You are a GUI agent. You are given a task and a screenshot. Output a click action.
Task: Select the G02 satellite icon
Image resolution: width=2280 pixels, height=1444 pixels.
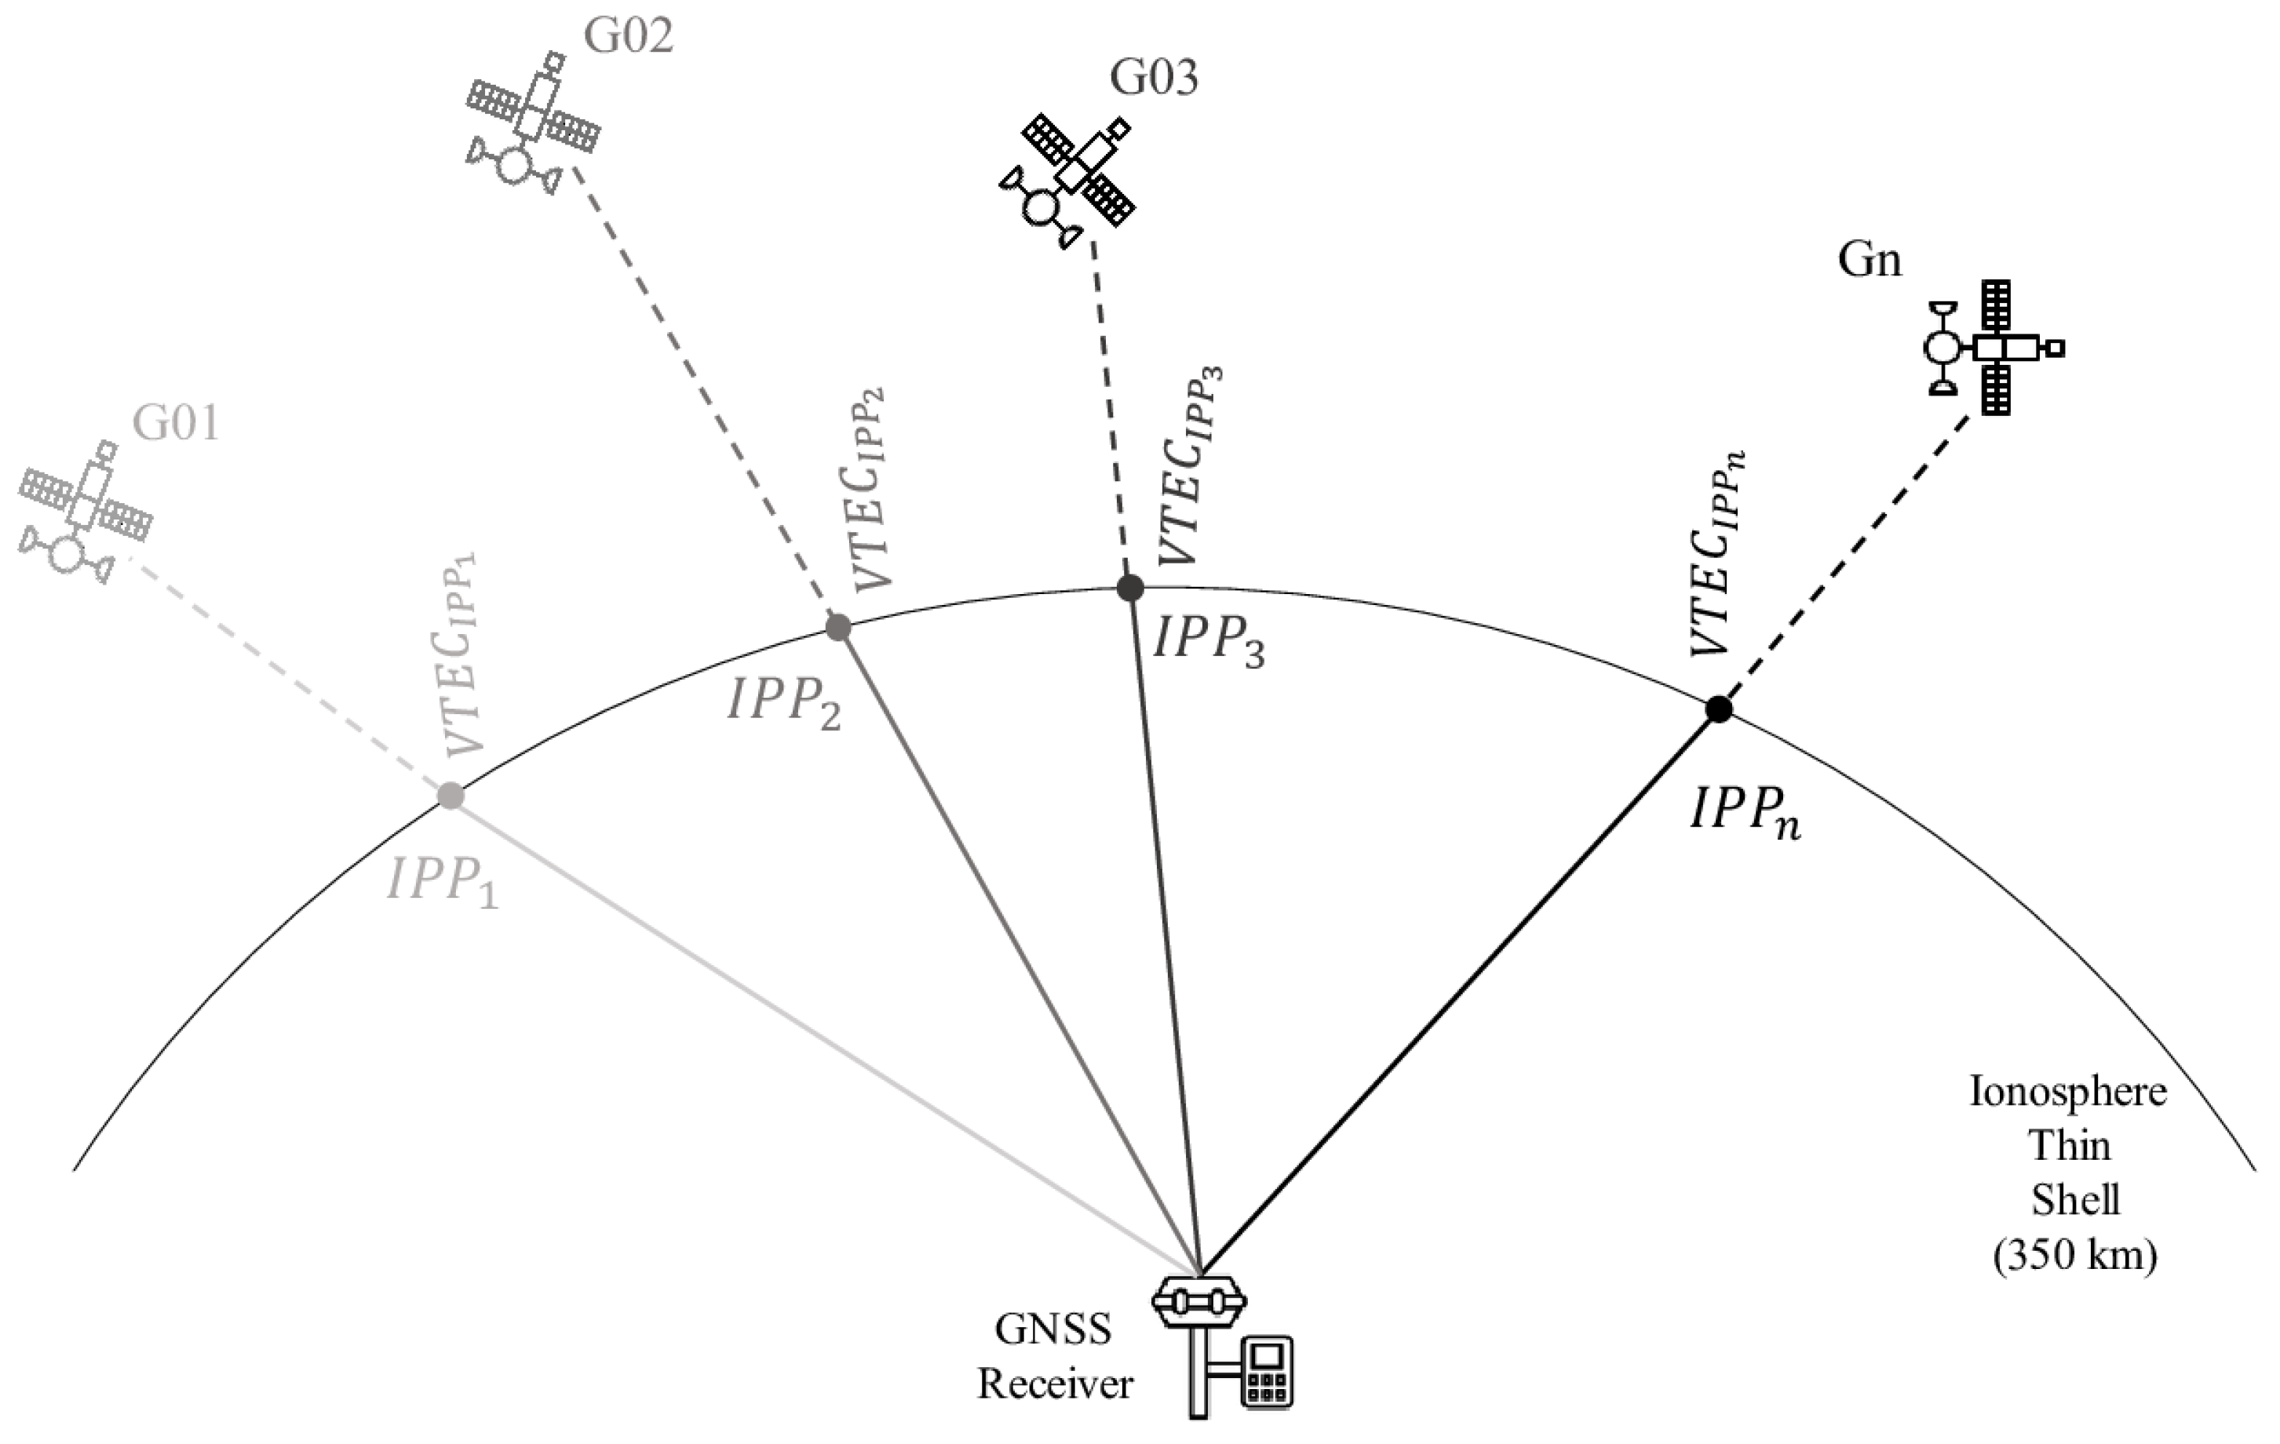[x=533, y=123]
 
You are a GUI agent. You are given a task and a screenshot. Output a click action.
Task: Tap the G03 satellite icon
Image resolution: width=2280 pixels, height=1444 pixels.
[x=1068, y=180]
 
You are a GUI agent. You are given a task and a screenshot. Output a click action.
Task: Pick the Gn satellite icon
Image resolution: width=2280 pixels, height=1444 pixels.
[x=1993, y=348]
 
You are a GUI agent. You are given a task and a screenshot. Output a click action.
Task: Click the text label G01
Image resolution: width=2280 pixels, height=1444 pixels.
[x=176, y=422]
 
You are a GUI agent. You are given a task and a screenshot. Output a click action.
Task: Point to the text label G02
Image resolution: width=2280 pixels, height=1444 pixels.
[x=628, y=37]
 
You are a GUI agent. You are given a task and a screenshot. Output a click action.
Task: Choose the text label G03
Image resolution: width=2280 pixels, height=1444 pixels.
[x=1155, y=78]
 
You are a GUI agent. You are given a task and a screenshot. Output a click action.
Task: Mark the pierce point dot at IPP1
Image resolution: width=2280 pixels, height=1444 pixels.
[x=451, y=796]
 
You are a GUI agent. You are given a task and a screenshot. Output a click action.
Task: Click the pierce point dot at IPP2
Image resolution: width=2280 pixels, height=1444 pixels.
[x=839, y=627]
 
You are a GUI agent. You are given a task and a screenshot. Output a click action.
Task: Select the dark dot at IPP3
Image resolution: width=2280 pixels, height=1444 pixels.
[x=1129, y=588]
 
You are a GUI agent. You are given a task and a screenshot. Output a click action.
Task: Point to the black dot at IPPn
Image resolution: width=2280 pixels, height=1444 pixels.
[x=1719, y=709]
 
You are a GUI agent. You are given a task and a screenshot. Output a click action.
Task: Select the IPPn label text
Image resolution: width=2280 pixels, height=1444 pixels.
[x=1745, y=815]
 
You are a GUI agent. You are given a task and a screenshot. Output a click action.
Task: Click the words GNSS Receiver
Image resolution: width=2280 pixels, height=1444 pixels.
[x=1055, y=1357]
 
